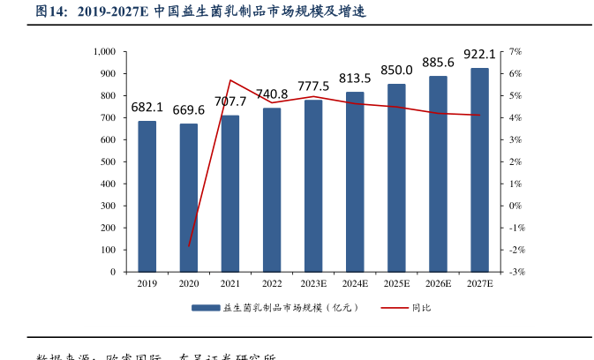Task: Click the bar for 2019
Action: (147, 197)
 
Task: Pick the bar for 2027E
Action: (479, 170)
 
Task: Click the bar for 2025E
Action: (396, 178)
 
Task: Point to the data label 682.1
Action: (147, 108)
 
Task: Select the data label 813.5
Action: (355, 78)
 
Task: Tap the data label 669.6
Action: (188, 110)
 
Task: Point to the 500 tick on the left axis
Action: (109, 162)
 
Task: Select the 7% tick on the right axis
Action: (516, 52)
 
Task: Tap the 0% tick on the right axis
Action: (516, 206)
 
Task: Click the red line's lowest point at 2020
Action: (189, 246)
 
